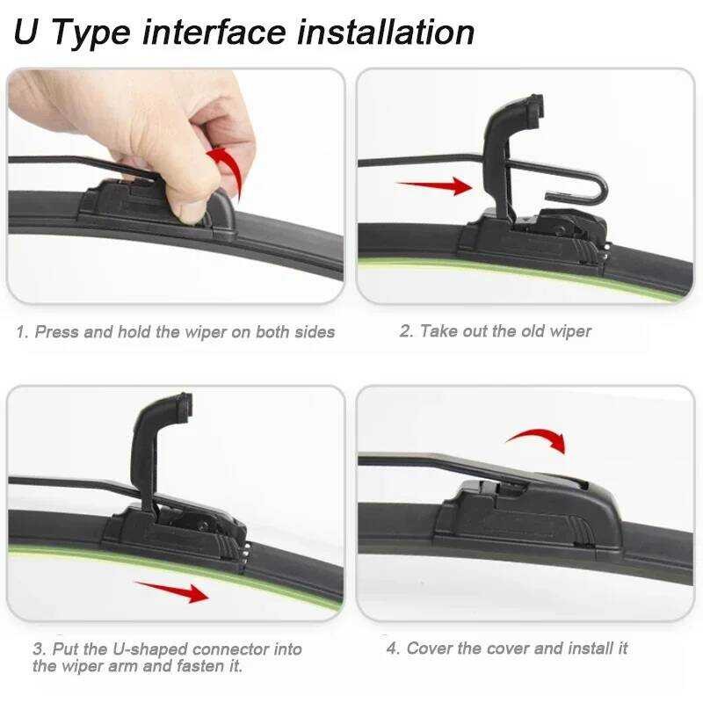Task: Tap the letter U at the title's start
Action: point(26,32)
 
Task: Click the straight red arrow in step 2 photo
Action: point(434,185)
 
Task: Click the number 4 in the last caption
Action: point(392,649)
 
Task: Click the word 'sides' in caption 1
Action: point(315,332)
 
